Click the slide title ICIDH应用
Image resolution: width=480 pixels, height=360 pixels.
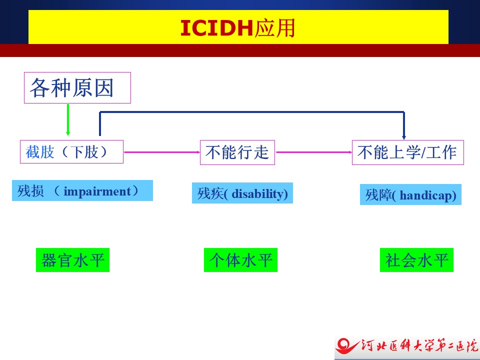pyautogui.click(x=237, y=28)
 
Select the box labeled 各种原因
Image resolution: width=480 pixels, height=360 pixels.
pyautogui.click(x=77, y=88)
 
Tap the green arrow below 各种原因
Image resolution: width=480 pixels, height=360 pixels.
pyautogui.click(x=68, y=119)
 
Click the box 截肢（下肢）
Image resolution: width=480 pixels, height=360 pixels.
pyautogui.click(x=71, y=152)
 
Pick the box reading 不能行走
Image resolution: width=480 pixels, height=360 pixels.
pyautogui.click(x=237, y=152)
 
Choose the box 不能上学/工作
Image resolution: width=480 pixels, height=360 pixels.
pyautogui.click(x=408, y=152)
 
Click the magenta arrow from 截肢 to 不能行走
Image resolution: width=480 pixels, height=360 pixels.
pyautogui.click(x=162, y=152)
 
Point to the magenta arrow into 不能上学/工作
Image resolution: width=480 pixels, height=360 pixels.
pyautogui.click(x=314, y=152)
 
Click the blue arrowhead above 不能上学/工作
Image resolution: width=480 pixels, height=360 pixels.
pyautogui.click(x=404, y=136)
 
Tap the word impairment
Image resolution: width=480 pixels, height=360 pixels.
pyautogui.click(x=97, y=191)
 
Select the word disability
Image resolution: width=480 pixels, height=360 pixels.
pyautogui.click(x=258, y=194)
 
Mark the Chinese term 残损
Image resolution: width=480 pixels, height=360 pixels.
pyautogui.click(x=30, y=191)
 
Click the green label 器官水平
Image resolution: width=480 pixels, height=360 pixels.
pyautogui.click(x=72, y=260)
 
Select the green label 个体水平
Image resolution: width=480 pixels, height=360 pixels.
pyautogui.click(x=240, y=260)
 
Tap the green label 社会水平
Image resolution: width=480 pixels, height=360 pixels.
pyautogui.click(x=416, y=260)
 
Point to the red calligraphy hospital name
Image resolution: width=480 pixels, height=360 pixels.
pyautogui.click(x=419, y=345)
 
